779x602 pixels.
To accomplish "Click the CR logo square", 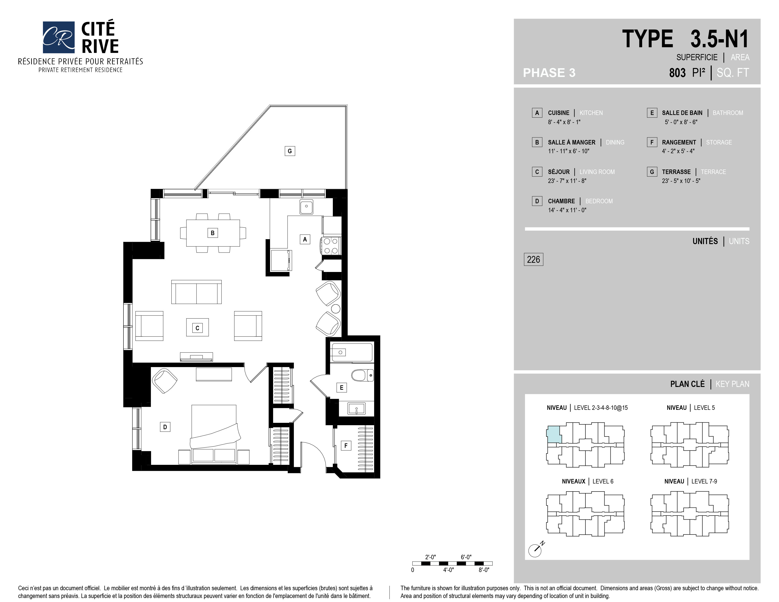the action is click(59, 37).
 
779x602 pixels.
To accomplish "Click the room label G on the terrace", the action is click(290, 151).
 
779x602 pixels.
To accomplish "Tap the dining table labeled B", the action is click(213, 233).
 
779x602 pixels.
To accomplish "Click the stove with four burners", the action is click(331, 246).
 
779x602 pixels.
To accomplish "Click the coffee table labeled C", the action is click(197, 327).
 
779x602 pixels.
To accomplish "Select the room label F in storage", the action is click(346, 445).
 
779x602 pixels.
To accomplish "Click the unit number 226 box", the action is click(533, 259).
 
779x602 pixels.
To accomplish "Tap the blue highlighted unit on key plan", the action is click(554, 435).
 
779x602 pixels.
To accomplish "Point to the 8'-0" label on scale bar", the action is click(484, 570).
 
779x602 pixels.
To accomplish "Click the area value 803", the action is click(677, 73).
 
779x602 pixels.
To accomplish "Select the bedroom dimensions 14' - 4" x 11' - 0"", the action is click(567, 210).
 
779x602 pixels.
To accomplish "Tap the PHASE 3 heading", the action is click(549, 73).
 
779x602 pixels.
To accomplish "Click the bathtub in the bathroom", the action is click(352, 352).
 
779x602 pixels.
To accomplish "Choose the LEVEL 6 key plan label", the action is click(603, 481).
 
